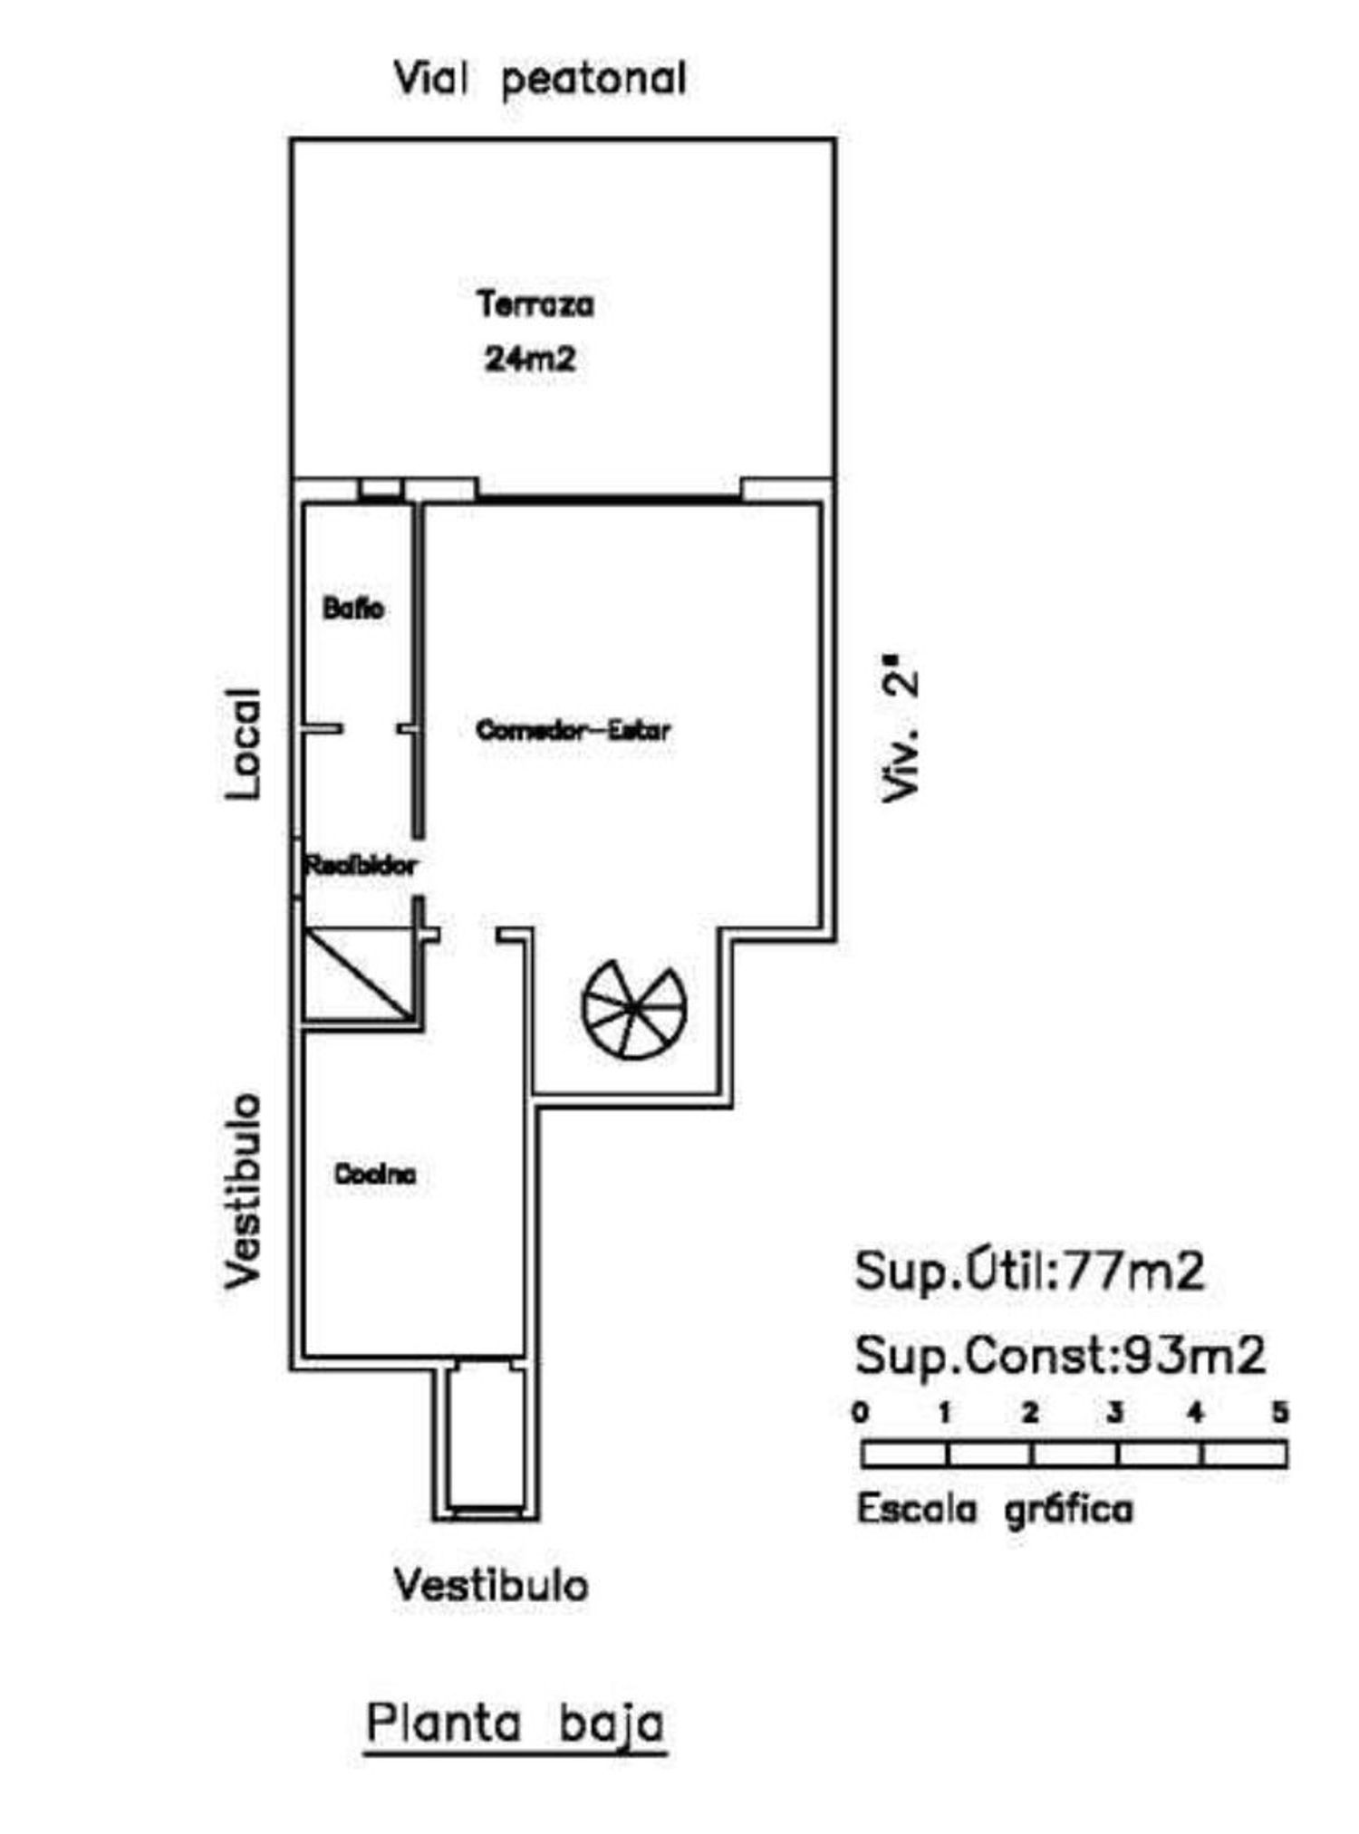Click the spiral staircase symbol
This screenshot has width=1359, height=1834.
634,1009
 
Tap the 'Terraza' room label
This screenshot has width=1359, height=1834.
535,304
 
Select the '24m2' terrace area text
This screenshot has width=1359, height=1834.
530,359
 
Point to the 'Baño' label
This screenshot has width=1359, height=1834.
353,608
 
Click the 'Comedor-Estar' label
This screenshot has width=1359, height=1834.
573,729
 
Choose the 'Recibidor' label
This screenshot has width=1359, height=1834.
361,865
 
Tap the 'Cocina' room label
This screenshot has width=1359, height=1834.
375,1174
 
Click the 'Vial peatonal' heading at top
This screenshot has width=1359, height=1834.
540,78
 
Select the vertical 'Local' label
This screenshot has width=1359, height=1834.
243,744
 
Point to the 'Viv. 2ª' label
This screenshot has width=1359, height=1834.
901,735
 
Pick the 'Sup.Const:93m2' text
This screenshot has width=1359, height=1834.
1060,1355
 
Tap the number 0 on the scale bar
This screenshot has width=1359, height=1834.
861,1412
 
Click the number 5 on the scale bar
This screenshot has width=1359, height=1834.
1280,1412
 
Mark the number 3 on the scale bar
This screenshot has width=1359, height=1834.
1114,1412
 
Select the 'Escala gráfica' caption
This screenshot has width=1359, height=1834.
995,1510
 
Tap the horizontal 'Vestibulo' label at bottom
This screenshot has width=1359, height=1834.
491,1585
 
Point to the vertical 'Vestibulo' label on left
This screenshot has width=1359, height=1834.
243,1191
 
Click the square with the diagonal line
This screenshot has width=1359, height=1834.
360,974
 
